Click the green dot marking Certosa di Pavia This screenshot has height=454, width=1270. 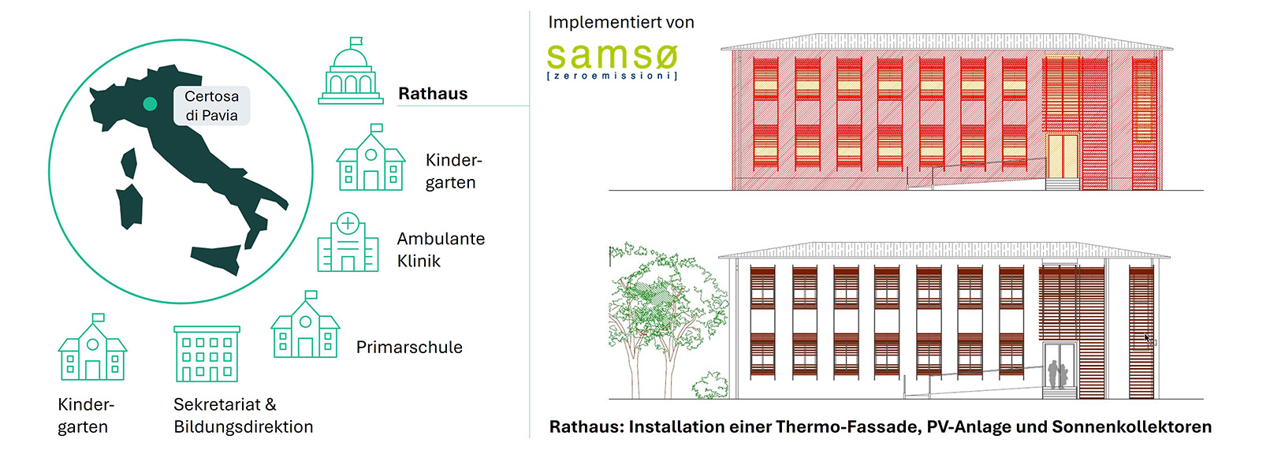(150, 103)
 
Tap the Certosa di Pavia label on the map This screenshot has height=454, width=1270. (211, 106)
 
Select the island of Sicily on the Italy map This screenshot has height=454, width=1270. (216, 257)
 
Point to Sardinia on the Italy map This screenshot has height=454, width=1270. (130, 206)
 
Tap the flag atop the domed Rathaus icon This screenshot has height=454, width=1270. (356, 41)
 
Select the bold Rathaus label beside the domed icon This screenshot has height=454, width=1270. (433, 94)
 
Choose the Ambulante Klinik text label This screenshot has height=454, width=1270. (441, 249)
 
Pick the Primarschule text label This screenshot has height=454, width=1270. (409, 348)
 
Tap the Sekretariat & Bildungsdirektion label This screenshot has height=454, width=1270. (243, 415)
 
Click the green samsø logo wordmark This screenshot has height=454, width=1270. (612, 56)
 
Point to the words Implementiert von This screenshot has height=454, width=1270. (621, 22)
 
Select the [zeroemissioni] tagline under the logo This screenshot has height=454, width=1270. (612, 76)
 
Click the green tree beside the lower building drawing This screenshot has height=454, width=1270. (662, 307)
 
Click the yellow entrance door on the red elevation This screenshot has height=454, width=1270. (1062, 155)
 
